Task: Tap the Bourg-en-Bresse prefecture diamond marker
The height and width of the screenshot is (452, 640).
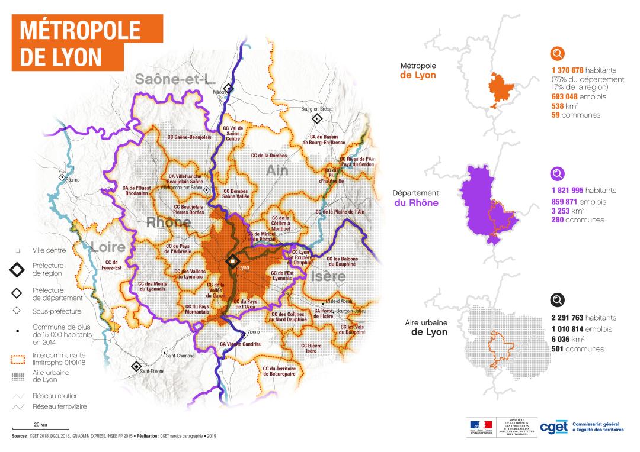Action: [x=317, y=119]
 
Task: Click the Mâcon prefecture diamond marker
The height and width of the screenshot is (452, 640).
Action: [x=228, y=88]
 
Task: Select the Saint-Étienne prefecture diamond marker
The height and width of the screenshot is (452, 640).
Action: [x=136, y=366]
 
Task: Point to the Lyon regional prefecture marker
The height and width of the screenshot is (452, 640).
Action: [x=233, y=260]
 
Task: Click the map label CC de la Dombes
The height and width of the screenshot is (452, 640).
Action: [x=269, y=156]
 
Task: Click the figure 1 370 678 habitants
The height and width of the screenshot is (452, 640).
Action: [x=584, y=70]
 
